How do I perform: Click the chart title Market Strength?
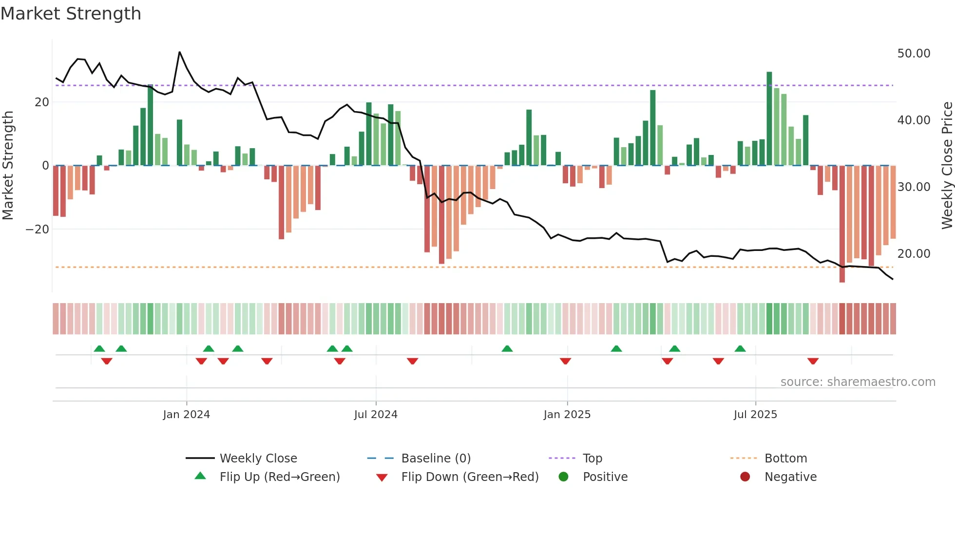[71, 14]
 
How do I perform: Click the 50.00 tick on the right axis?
[914, 54]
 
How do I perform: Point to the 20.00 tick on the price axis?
[914, 254]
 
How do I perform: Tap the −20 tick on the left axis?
[38, 230]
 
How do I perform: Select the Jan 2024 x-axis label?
[186, 415]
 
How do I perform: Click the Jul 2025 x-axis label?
[755, 415]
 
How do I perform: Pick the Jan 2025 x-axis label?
[567, 415]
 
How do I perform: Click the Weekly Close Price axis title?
[947, 166]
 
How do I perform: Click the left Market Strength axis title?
[8, 166]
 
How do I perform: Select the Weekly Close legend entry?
[258, 459]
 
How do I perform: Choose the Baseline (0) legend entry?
[436, 459]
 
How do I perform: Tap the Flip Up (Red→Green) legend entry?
[279, 477]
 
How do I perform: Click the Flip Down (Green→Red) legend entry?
[470, 477]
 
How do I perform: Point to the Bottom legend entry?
[785, 459]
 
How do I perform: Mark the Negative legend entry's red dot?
[745, 477]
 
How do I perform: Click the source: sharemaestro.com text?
[858, 382]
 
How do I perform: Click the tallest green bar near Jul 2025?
[769, 119]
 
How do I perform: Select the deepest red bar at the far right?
[842, 224]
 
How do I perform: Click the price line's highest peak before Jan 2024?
[180, 52]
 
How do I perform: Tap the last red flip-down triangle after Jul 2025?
[813, 361]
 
